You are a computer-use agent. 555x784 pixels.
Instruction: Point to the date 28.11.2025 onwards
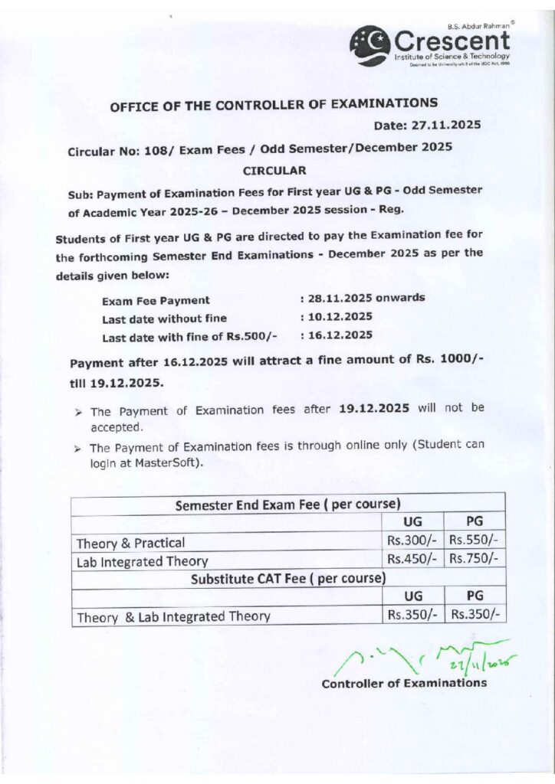(366, 298)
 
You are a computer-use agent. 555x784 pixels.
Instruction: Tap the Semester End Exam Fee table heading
(288, 505)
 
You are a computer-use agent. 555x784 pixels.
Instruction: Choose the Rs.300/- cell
(411, 541)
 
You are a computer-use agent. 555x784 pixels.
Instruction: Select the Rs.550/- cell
(474, 541)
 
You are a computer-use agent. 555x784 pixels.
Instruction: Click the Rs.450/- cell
(411, 559)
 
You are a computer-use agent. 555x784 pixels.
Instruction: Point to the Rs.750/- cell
(474, 559)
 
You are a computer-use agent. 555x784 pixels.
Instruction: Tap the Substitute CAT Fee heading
(288, 577)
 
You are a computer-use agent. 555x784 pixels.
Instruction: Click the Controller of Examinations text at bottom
(404, 683)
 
